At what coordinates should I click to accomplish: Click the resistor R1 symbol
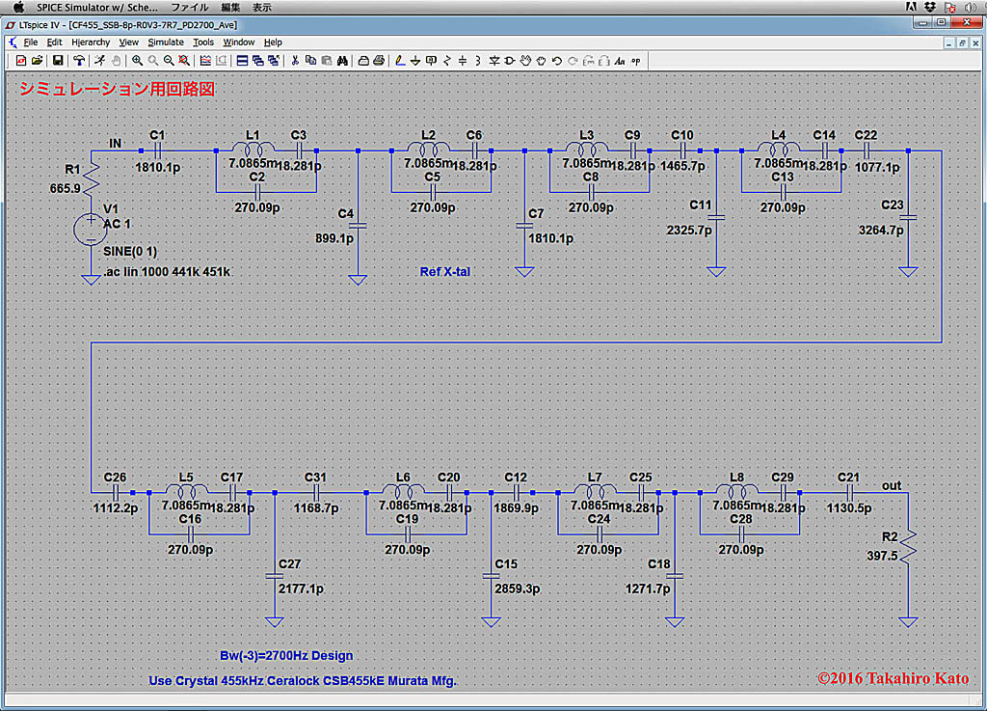(92, 176)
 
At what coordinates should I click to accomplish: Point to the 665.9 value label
(65, 188)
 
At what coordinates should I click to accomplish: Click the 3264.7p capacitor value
(881, 230)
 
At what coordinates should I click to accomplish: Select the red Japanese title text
(117, 89)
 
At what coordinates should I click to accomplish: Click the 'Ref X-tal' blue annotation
(445, 272)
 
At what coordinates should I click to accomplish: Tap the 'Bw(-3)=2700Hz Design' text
(286, 656)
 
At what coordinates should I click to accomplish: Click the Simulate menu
(165, 42)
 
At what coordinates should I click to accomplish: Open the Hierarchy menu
(91, 42)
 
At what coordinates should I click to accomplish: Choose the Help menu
(273, 42)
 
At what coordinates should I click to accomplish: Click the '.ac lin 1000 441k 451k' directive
(166, 271)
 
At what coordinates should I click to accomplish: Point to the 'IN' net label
(116, 143)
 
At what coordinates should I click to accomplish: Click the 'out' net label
(892, 485)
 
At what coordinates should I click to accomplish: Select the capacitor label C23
(893, 205)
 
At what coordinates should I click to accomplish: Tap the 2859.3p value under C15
(516, 588)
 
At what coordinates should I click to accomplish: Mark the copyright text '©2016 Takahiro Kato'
(893, 678)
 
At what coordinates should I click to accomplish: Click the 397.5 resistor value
(879, 556)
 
